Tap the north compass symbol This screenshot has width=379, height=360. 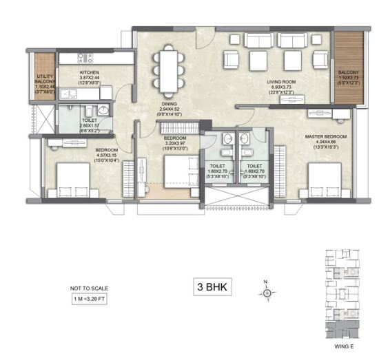tap(267, 293)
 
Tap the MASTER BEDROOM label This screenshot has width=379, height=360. tap(325, 137)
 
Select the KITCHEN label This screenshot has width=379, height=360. tap(90, 72)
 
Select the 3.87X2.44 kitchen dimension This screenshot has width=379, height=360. tap(90, 78)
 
